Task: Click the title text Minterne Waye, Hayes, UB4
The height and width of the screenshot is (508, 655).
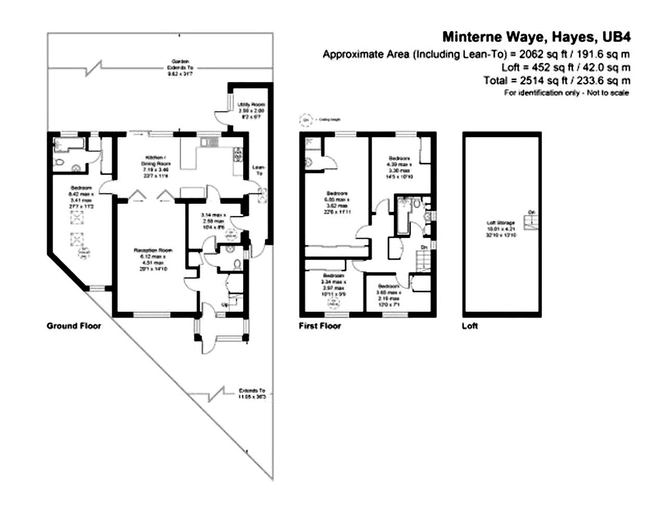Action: pos(536,37)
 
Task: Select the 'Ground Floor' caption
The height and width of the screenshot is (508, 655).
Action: pos(74,326)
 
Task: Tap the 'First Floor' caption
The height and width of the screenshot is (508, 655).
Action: pos(320,326)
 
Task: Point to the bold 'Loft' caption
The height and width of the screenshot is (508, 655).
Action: pos(469,326)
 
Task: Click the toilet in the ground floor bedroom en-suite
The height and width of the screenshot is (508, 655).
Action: pos(59,162)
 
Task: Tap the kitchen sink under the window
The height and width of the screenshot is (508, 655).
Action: pos(211,141)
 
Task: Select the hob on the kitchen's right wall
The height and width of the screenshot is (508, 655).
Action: pos(239,154)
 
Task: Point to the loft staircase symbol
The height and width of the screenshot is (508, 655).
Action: pos(531,223)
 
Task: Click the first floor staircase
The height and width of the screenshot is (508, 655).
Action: pos(423,259)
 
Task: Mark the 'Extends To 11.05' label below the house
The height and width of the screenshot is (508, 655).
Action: pos(252,393)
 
